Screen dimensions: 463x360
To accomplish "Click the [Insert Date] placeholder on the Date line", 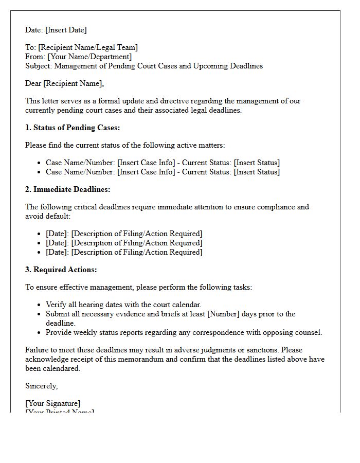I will click(x=66, y=30).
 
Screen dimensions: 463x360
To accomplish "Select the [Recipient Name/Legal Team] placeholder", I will click(x=88, y=47).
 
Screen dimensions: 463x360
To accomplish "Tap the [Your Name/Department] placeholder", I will click(x=89, y=57).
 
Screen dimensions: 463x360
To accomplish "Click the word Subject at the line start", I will click(x=38, y=66).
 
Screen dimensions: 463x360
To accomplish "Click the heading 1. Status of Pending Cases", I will click(x=73, y=128).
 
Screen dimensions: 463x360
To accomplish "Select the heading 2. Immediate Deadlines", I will click(x=68, y=189).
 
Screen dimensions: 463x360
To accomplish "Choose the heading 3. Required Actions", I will click(x=61, y=270).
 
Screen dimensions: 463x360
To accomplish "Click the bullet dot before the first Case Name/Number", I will click(x=40, y=163).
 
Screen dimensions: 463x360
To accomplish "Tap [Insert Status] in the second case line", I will click(x=257, y=172).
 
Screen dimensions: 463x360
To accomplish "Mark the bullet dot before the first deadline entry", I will click(x=40, y=234).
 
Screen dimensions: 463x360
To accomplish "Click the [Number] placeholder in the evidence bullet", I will click(x=222, y=314).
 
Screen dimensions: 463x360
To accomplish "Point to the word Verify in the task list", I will click(x=57, y=305).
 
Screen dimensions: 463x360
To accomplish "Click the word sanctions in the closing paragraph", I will click(x=259, y=350).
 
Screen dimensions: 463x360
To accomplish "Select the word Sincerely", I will click(x=41, y=386).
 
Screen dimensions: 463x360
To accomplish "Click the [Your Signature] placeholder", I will click(x=52, y=403).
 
